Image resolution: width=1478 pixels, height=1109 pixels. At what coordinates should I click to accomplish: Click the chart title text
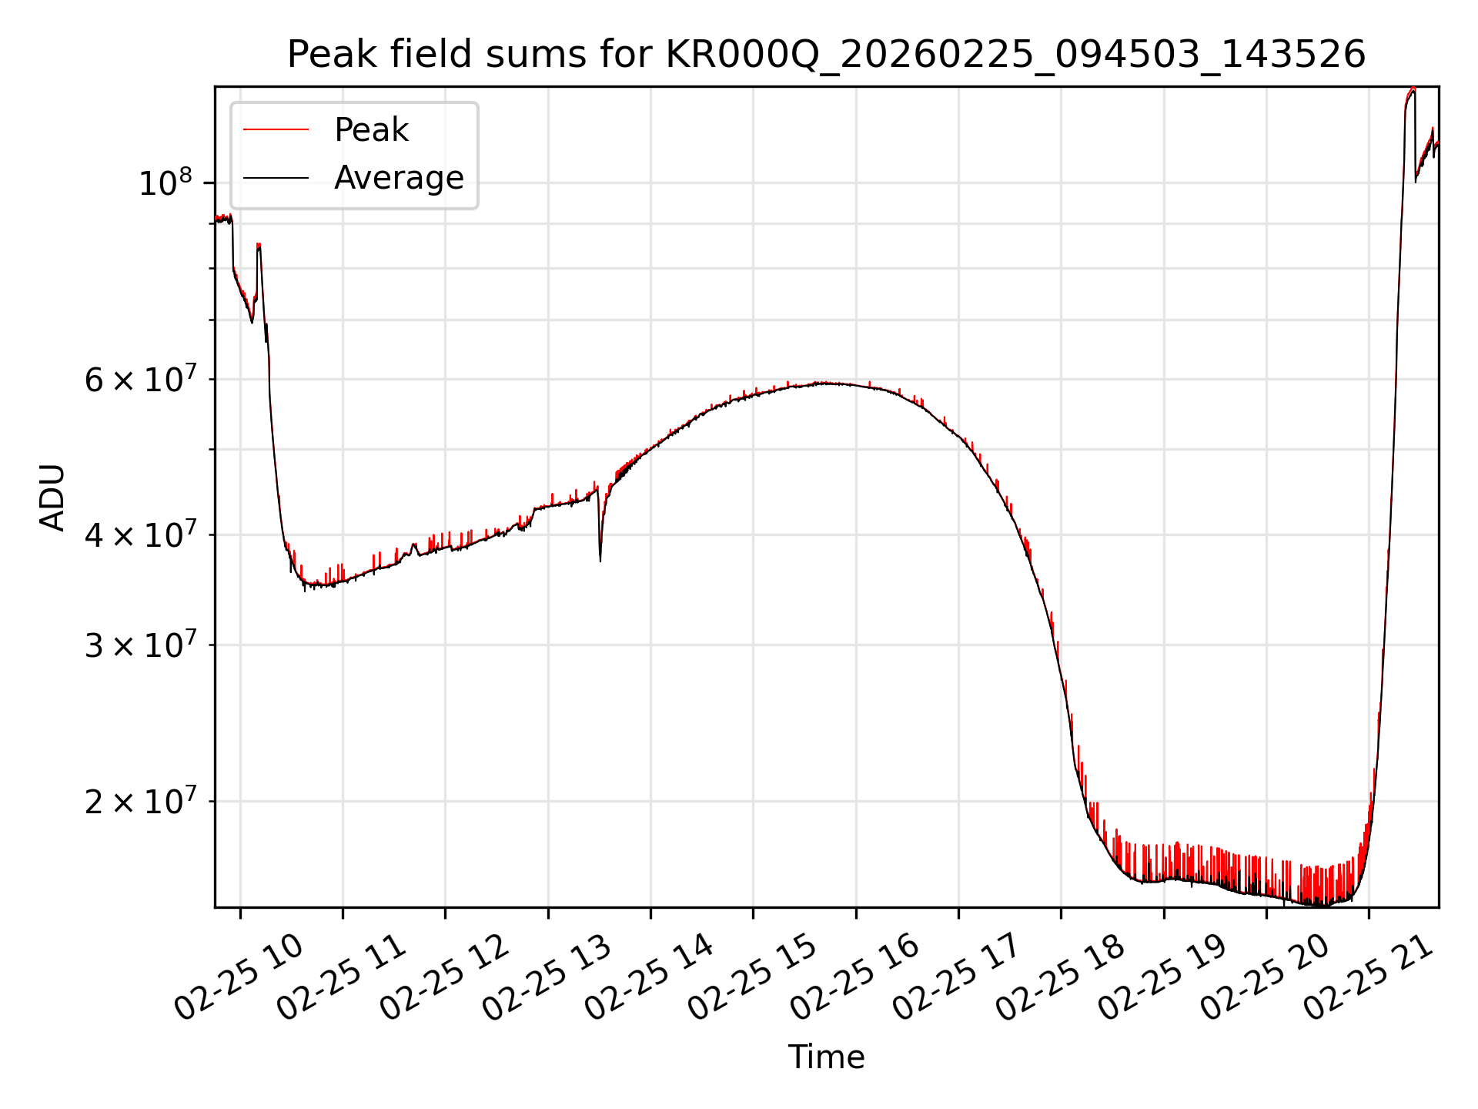[x=826, y=55]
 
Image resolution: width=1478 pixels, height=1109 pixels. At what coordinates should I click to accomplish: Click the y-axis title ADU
[x=52, y=498]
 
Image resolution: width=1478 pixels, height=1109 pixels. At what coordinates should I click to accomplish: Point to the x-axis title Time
[x=826, y=1057]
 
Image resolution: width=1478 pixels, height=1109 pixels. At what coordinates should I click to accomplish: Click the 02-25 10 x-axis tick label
[x=239, y=977]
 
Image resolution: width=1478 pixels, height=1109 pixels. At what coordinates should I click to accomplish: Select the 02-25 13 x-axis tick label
[x=547, y=977]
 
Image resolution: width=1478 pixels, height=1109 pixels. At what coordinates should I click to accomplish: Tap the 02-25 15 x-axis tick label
[x=751, y=977]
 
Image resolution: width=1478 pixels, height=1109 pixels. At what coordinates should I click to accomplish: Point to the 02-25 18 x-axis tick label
[x=1059, y=977]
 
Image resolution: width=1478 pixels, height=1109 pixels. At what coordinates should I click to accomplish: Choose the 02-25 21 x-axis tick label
[x=1367, y=977]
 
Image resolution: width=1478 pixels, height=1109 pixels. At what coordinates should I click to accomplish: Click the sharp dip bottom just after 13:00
[x=600, y=560]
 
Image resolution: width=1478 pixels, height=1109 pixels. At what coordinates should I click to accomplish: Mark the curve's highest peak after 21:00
[x=1413, y=90]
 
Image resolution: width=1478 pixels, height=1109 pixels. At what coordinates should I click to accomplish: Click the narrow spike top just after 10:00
[x=259, y=245]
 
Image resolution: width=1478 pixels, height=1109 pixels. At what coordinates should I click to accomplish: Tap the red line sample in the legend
[x=276, y=130]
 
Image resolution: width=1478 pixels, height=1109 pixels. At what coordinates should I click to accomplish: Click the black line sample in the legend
[x=276, y=178]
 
